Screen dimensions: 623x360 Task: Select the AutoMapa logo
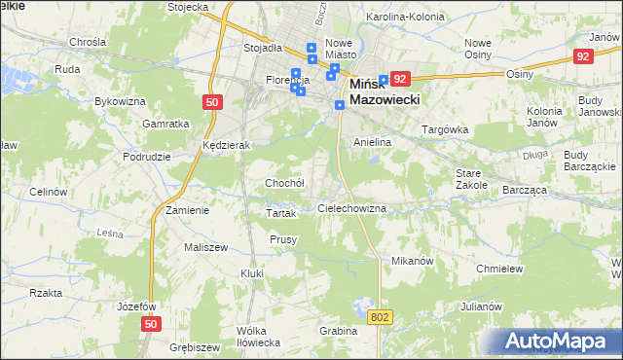560,341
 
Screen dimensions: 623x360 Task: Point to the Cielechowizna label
353,209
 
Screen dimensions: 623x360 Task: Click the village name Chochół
285,183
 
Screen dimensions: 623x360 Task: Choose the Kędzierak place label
227,145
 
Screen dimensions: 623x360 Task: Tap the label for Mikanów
411,262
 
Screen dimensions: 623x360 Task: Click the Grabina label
339,331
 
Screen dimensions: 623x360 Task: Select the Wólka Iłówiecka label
259,337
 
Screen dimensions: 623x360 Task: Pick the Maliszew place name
205,247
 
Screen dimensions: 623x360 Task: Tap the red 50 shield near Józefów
149,324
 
